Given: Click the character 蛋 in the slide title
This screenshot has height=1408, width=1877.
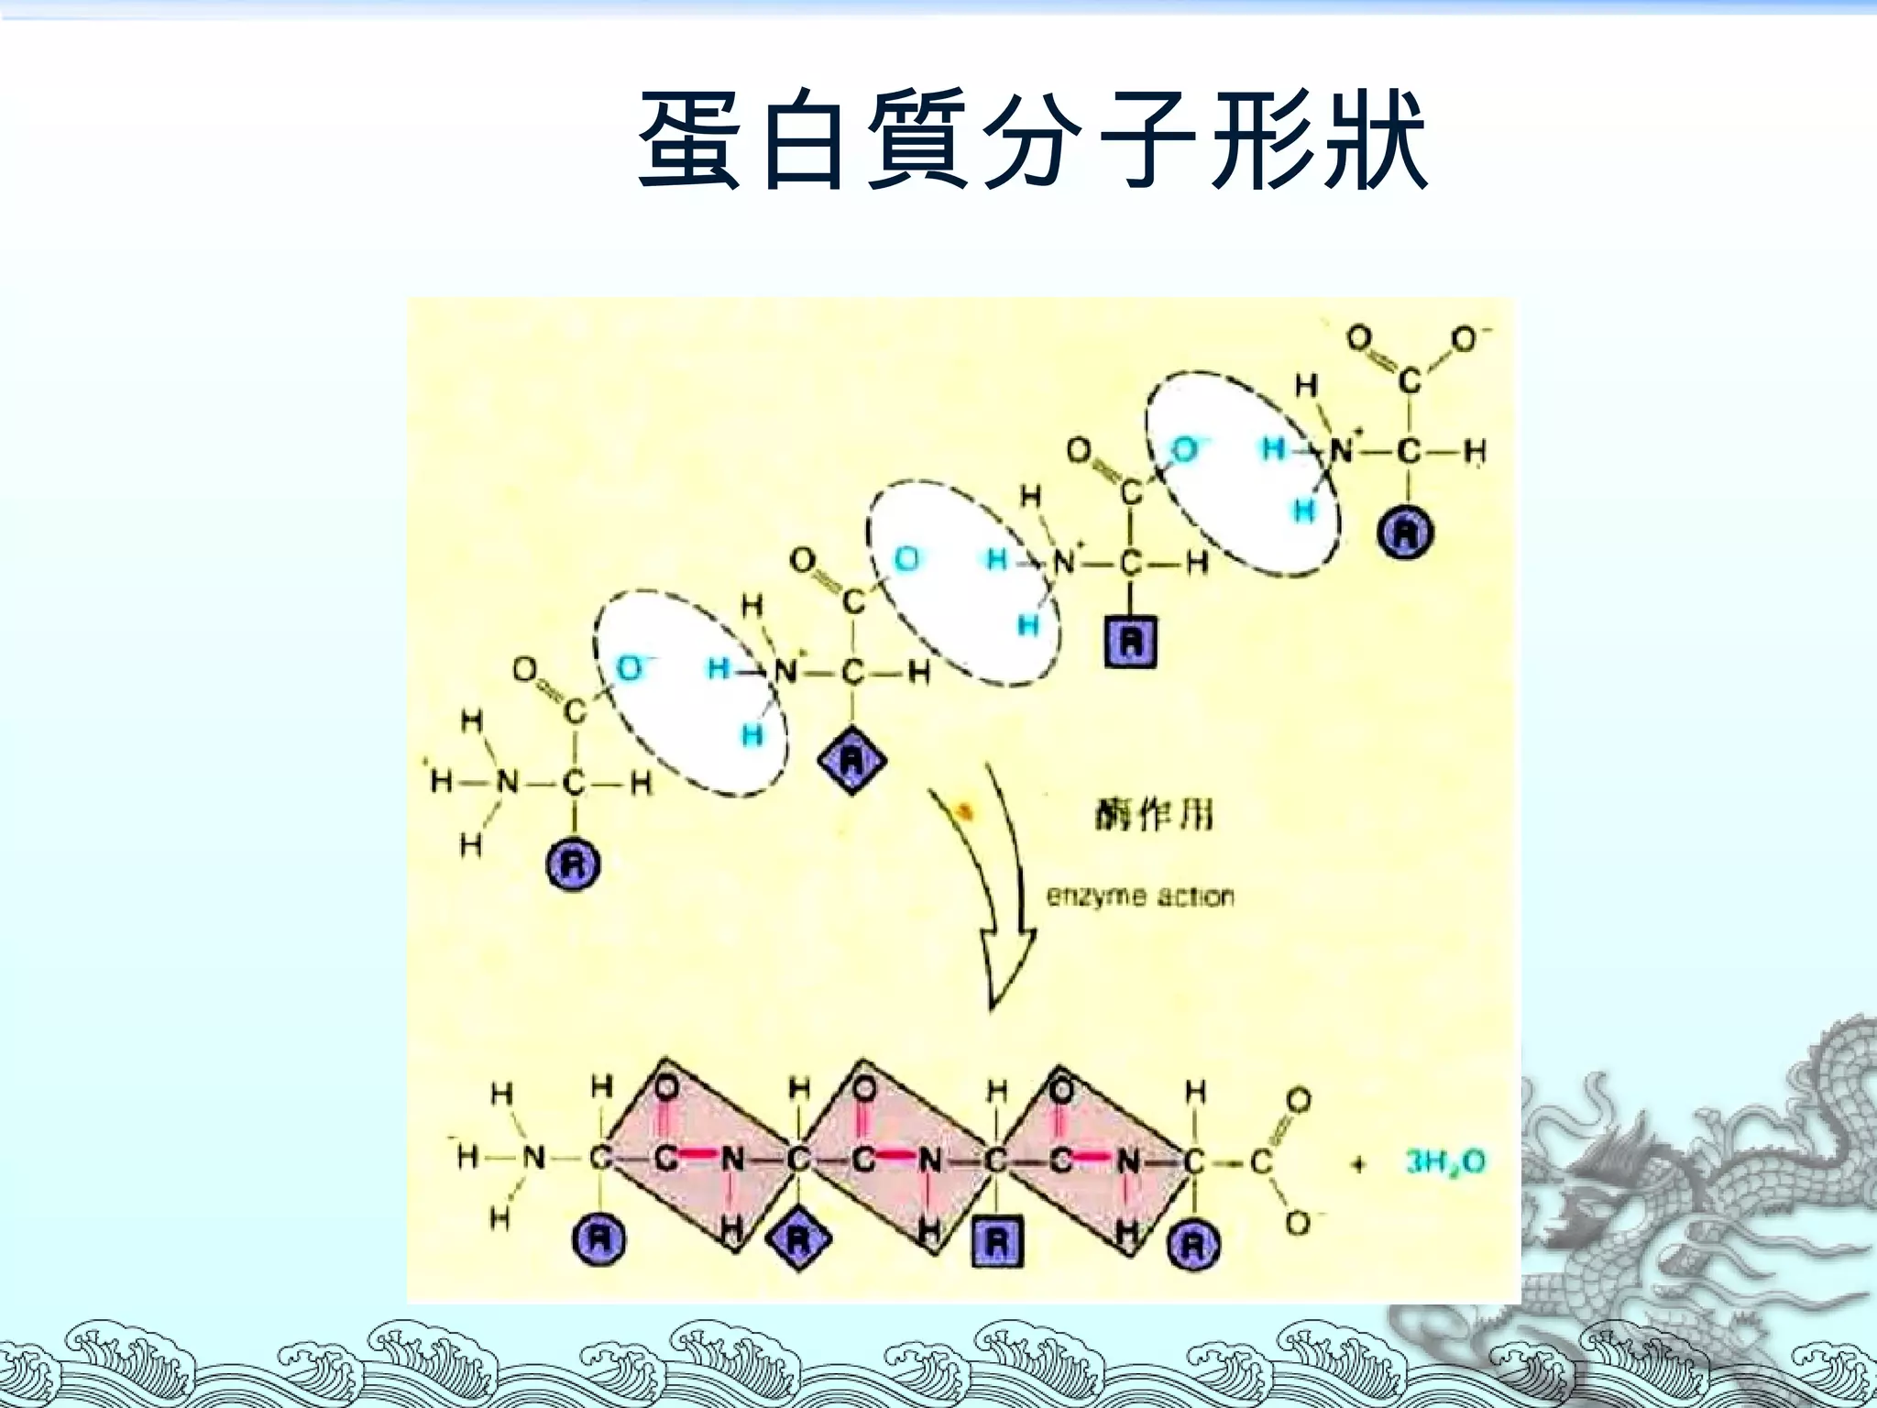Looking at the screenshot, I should pyautogui.click(x=689, y=139).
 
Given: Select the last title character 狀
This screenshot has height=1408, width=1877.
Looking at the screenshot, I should pyautogui.click(x=1373, y=139).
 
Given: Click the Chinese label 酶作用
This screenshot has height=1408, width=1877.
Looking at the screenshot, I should pyautogui.click(x=1154, y=814).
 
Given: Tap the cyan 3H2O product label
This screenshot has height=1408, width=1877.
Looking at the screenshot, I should pyautogui.click(x=1445, y=1162).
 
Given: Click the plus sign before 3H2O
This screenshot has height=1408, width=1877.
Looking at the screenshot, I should pyautogui.click(x=1358, y=1164).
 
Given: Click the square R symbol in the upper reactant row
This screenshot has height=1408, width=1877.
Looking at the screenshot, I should pyautogui.click(x=1130, y=642).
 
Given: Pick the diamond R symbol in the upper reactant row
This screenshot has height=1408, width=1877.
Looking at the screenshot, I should pyautogui.click(x=852, y=760).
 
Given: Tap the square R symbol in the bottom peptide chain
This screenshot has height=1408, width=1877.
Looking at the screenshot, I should pyautogui.click(x=997, y=1243).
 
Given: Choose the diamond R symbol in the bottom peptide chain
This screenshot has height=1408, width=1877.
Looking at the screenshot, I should pyautogui.click(x=798, y=1241).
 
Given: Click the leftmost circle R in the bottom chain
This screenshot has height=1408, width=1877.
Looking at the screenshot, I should pyautogui.click(x=598, y=1240).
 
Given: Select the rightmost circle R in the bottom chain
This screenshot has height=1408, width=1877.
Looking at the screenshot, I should pyautogui.click(x=1193, y=1245).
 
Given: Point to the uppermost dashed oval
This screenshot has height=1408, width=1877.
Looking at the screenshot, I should pyautogui.click(x=1242, y=474).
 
